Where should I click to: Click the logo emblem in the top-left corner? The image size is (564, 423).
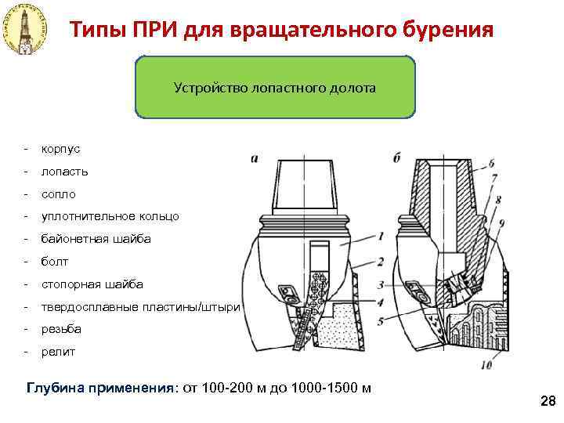pos(24,30)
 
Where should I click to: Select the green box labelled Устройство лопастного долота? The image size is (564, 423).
pos(275,87)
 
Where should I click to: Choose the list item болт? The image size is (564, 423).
pos(55,262)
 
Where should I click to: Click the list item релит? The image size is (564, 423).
pos(59,352)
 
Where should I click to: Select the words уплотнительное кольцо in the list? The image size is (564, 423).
pos(110,216)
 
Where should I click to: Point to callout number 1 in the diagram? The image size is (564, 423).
pos(380,235)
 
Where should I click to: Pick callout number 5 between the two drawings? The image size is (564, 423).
pos(380,321)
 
